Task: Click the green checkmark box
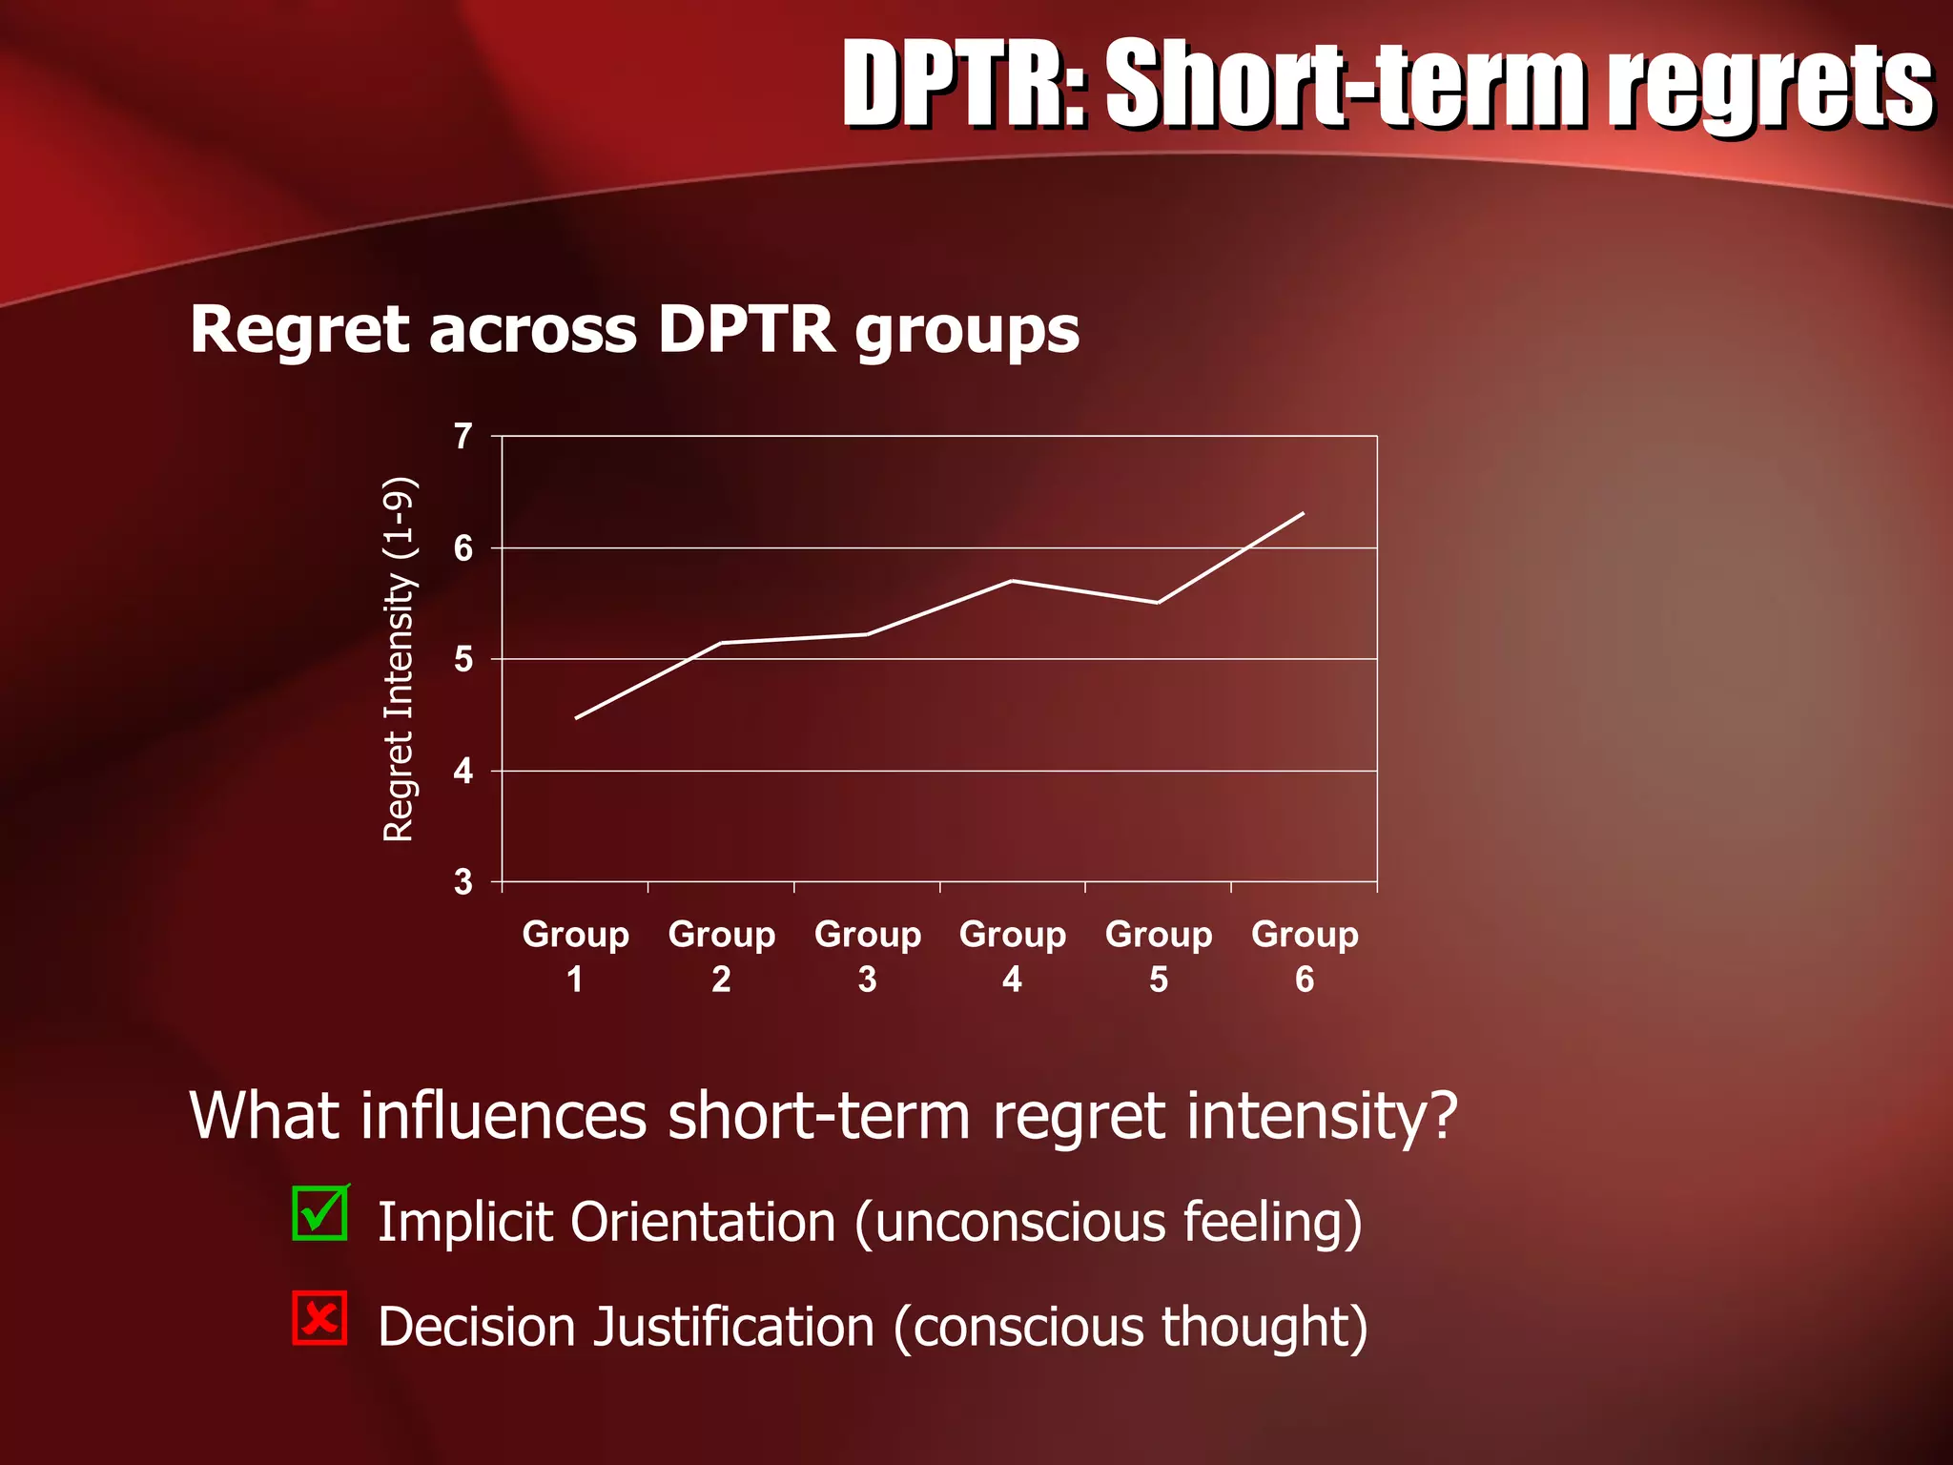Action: click(x=320, y=1213)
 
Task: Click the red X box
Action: click(x=319, y=1318)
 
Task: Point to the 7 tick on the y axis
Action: click(x=463, y=437)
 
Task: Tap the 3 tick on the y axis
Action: click(x=463, y=882)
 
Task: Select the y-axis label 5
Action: click(x=463, y=659)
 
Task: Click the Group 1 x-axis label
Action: click(x=575, y=956)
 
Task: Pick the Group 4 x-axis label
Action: click(x=1013, y=956)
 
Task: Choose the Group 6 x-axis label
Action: click(x=1305, y=956)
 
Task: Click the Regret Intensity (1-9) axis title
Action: click(x=399, y=659)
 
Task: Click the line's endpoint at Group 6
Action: click(x=1303, y=514)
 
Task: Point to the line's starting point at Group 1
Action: click(x=576, y=718)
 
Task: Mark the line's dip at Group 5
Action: click(x=1158, y=603)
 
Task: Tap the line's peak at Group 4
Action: click(x=1012, y=580)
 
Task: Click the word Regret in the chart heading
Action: click(x=301, y=329)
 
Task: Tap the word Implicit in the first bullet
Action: click(x=464, y=1222)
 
